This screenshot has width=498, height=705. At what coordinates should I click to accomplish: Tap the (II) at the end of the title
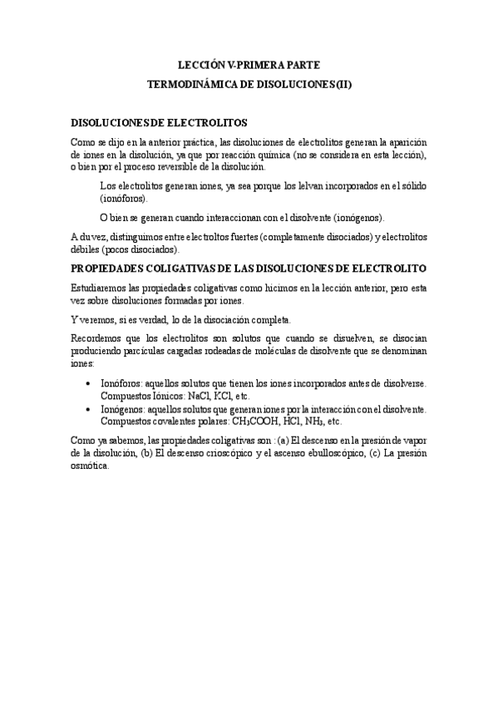pyautogui.click(x=342, y=84)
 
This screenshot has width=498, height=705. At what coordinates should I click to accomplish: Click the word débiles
pyautogui.click(x=85, y=249)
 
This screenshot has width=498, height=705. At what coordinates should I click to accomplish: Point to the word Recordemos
pyautogui.click(x=99, y=340)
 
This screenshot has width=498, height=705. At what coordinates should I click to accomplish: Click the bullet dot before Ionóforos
pyautogui.click(x=89, y=383)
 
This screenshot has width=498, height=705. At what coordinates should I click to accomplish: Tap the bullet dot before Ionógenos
pyautogui.click(x=89, y=409)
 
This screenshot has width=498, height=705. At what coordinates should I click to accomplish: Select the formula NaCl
pyautogui.click(x=200, y=396)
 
